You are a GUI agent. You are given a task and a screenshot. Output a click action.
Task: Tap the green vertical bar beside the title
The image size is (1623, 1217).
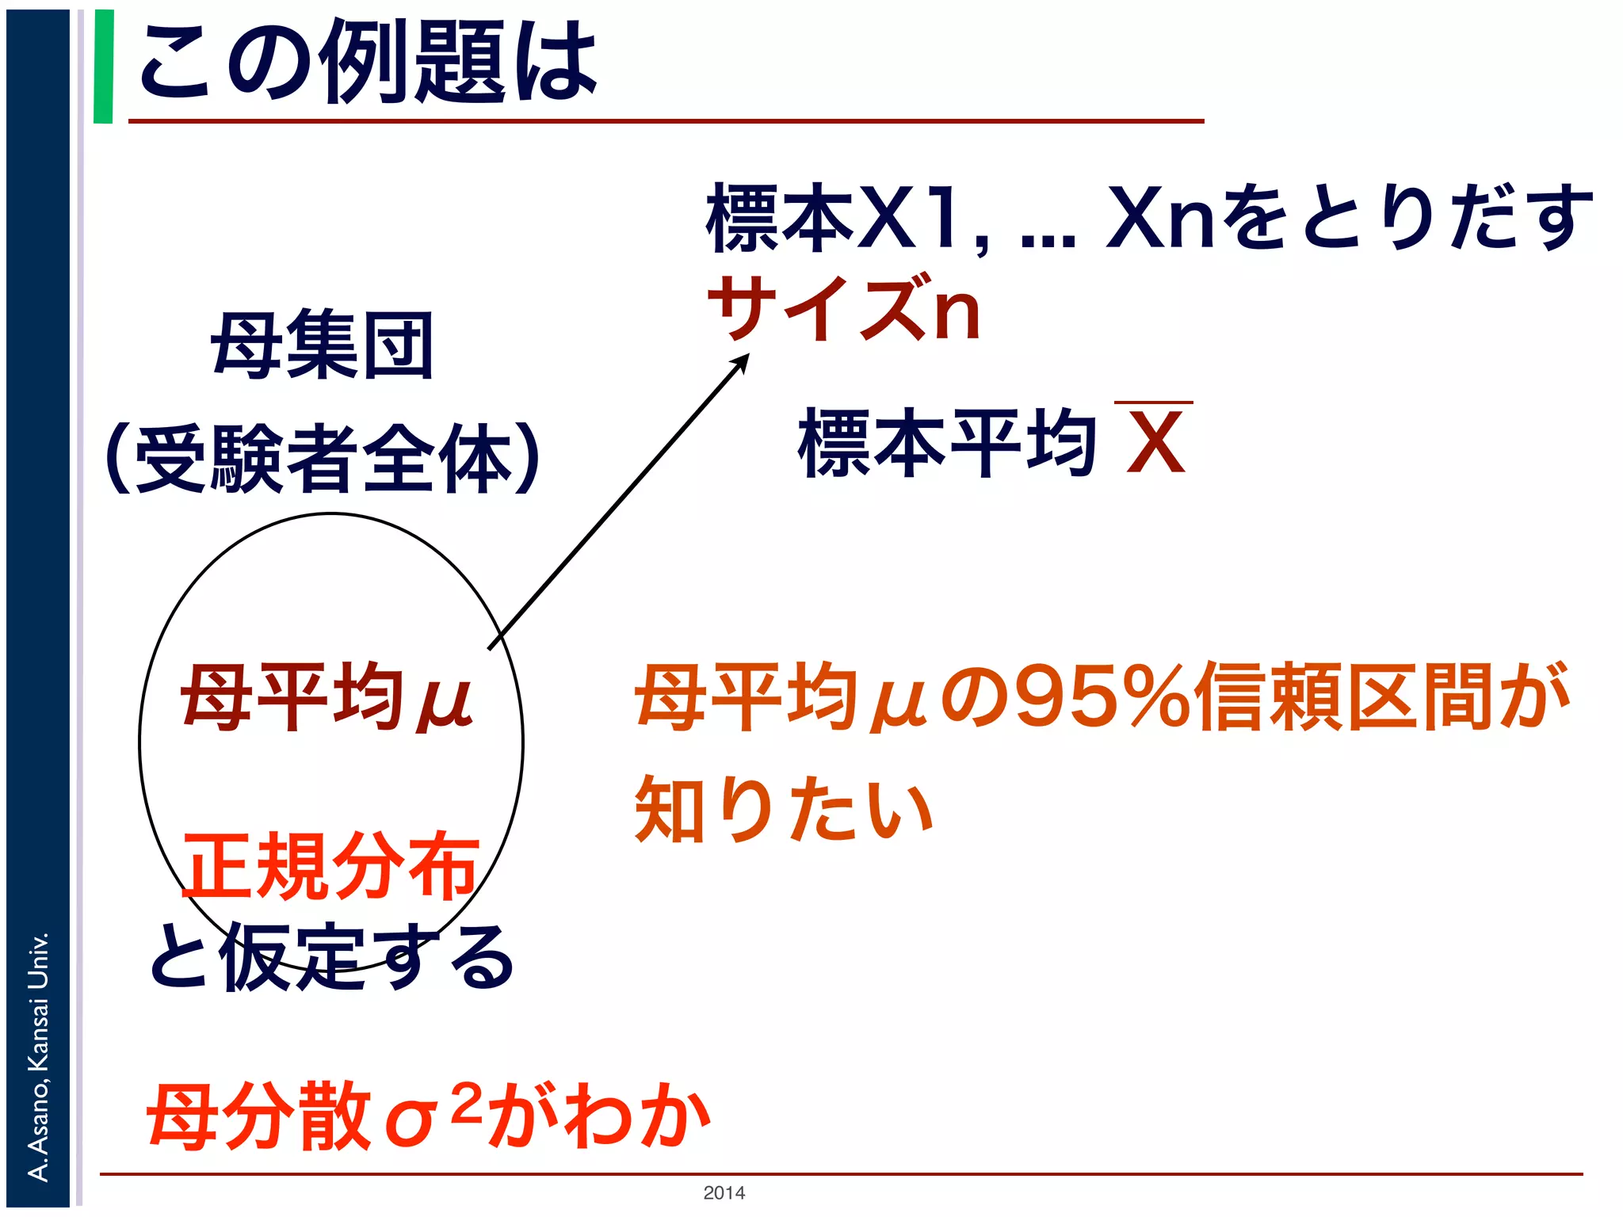pyautogui.click(x=103, y=67)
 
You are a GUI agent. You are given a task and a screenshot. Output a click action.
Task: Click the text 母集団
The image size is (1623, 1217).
pyautogui.click(x=323, y=345)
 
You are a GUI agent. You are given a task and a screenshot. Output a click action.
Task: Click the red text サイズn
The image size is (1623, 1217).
pyautogui.click(x=845, y=309)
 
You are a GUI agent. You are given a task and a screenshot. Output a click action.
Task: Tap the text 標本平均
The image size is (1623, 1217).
pyautogui.click(x=948, y=444)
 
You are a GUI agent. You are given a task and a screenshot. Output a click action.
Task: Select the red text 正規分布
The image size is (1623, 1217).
pyautogui.click(x=331, y=866)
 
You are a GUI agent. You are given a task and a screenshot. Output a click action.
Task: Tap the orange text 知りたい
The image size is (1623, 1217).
pyautogui.click(x=785, y=810)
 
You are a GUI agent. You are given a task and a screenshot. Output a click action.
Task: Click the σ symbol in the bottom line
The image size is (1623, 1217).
pyautogui.click(x=411, y=1121)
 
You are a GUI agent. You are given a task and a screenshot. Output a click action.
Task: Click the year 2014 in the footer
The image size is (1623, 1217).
pyautogui.click(x=724, y=1193)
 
